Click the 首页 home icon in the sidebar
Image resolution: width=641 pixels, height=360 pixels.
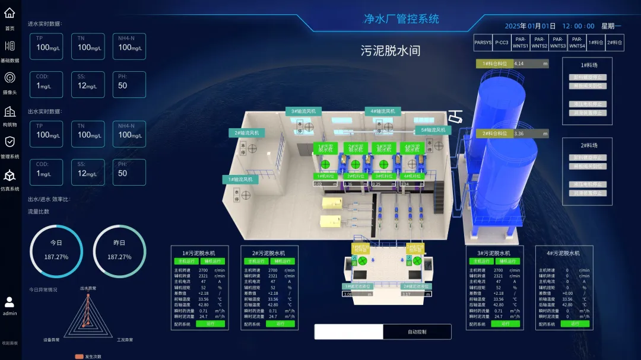click(x=9, y=13)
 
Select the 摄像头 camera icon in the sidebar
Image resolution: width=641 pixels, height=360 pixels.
click(x=9, y=78)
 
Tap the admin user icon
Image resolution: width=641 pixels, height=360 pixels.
click(x=9, y=302)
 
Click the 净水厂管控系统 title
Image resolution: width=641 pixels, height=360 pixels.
click(x=401, y=19)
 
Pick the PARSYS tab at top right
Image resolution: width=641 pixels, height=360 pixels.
click(x=483, y=43)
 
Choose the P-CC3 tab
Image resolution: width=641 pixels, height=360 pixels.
click(x=502, y=43)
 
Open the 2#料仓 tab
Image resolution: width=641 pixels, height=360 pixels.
click(x=614, y=43)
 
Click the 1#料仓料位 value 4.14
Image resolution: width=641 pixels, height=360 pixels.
click(x=531, y=63)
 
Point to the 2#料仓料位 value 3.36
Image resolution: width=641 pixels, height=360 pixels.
click(x=531, y=133)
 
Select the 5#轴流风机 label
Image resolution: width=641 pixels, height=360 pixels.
click(x=433, y=130)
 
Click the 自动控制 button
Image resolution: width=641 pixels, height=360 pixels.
click(x=417, y=332)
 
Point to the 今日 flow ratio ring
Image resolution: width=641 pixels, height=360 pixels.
click(x=56, y=251)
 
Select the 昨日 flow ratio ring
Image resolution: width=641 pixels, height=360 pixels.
click(x=119, y=251)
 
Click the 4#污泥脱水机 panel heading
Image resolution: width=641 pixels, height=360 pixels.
click(x=564, y=253)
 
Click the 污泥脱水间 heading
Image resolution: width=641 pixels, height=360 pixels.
click(x=390, y=51)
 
